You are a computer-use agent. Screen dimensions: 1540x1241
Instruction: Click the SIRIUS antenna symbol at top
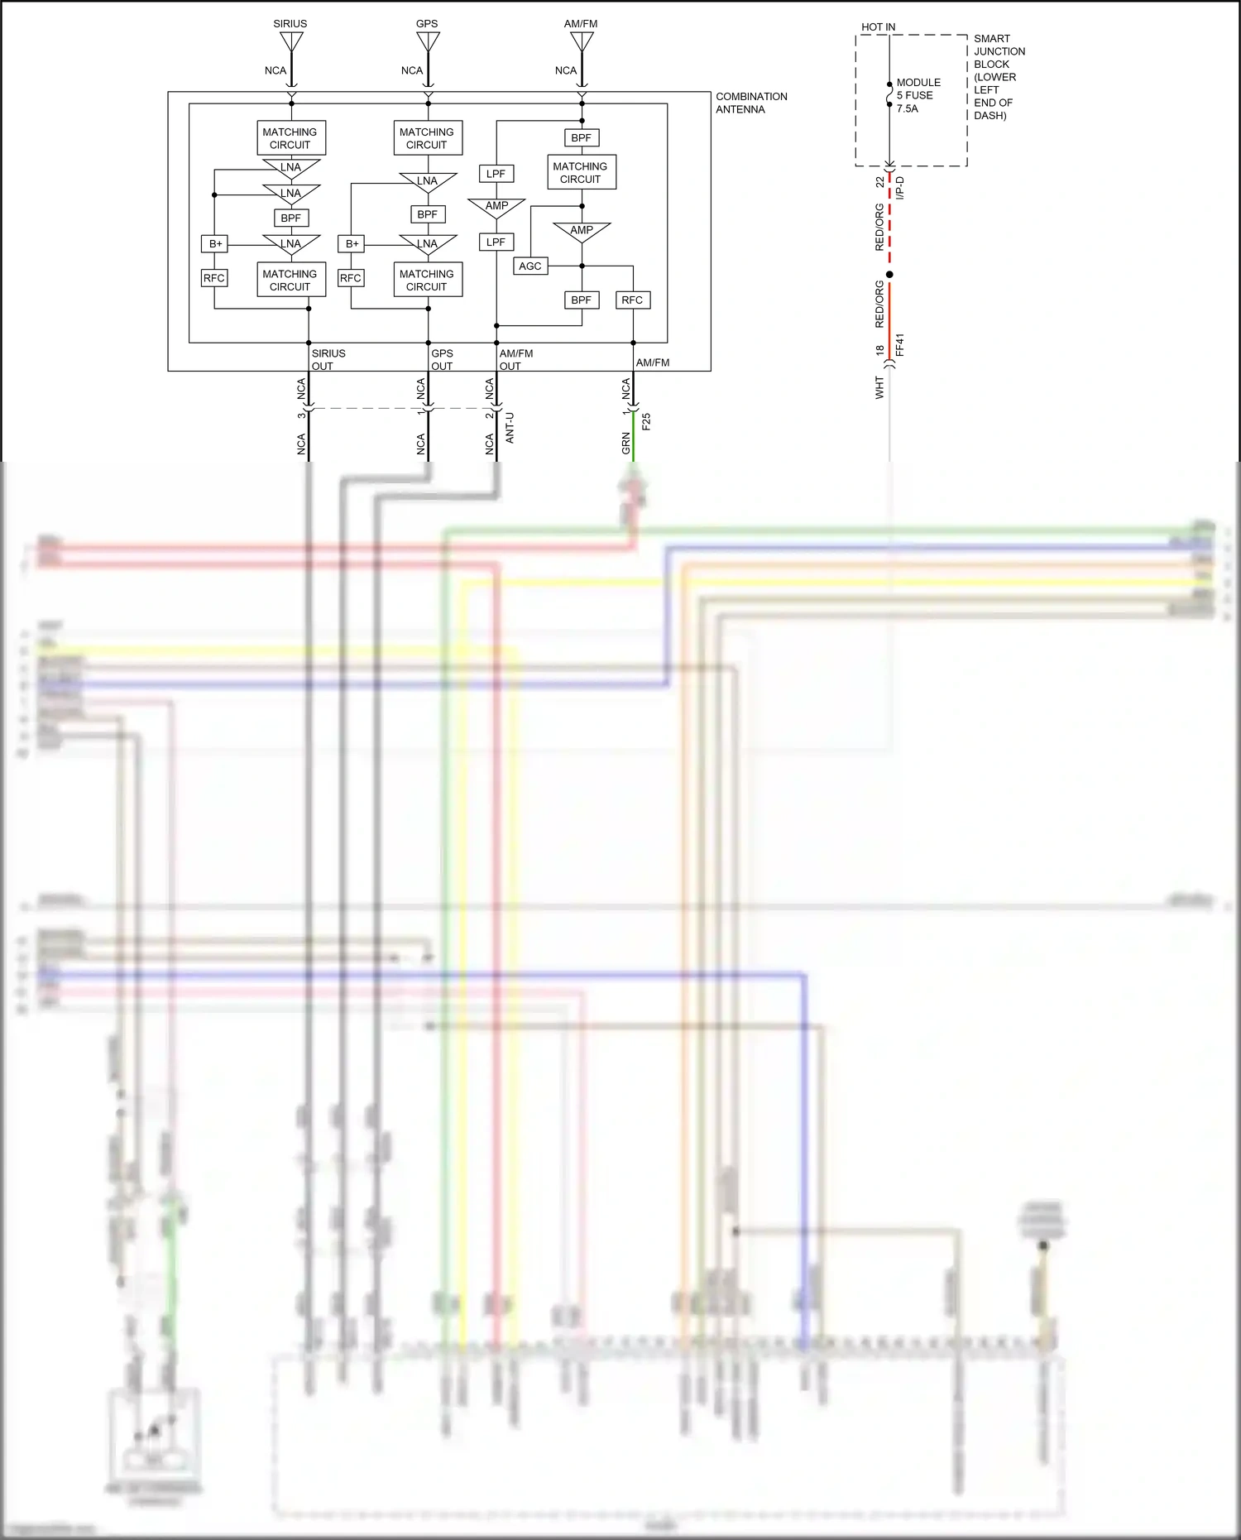291,41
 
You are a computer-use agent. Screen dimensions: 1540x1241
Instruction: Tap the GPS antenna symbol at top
428,41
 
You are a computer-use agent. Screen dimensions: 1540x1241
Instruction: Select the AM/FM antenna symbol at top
582,41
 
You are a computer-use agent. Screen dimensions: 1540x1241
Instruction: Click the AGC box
530,266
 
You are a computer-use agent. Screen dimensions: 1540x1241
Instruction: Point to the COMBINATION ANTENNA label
750,103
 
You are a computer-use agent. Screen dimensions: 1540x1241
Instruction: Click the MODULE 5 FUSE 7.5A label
918,95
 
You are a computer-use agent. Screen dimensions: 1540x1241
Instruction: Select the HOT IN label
878,27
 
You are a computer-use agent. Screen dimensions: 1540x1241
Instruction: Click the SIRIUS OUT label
328,360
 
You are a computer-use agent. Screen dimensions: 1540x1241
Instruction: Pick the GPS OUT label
442,360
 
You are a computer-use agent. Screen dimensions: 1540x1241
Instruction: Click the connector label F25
647,421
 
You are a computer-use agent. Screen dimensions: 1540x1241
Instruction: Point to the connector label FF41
900,345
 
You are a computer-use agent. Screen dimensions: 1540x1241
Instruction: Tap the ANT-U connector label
510,428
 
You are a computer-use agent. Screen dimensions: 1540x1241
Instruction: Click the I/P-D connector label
900,188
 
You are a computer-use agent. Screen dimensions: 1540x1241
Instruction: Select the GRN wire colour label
626,444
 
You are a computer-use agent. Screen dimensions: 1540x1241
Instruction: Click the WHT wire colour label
879,387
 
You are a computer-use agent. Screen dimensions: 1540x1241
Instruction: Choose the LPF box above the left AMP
496,174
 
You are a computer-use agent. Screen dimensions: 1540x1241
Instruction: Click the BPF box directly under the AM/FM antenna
582,138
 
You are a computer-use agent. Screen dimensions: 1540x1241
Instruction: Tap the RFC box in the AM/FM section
632,300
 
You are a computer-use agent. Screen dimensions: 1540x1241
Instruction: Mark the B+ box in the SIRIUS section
215,244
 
